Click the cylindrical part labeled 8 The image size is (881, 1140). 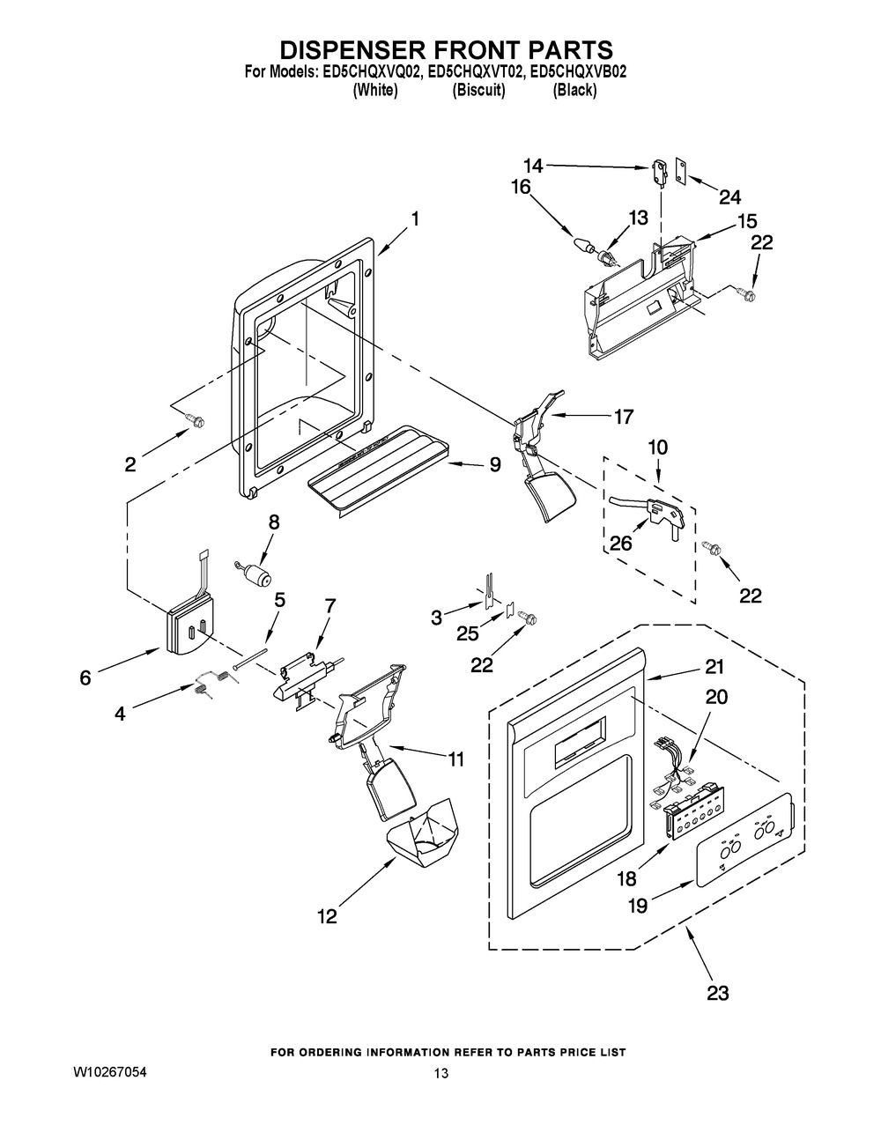click(254, 574)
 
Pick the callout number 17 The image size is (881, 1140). click(624, 417)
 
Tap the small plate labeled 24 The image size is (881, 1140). click(682, 172)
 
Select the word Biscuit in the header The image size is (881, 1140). click(478, 90)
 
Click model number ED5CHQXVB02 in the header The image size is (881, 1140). click(579, 72)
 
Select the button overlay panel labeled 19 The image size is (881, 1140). click(744, 840)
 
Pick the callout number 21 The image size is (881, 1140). click(714, 667)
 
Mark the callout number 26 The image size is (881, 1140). click(621, 544)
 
